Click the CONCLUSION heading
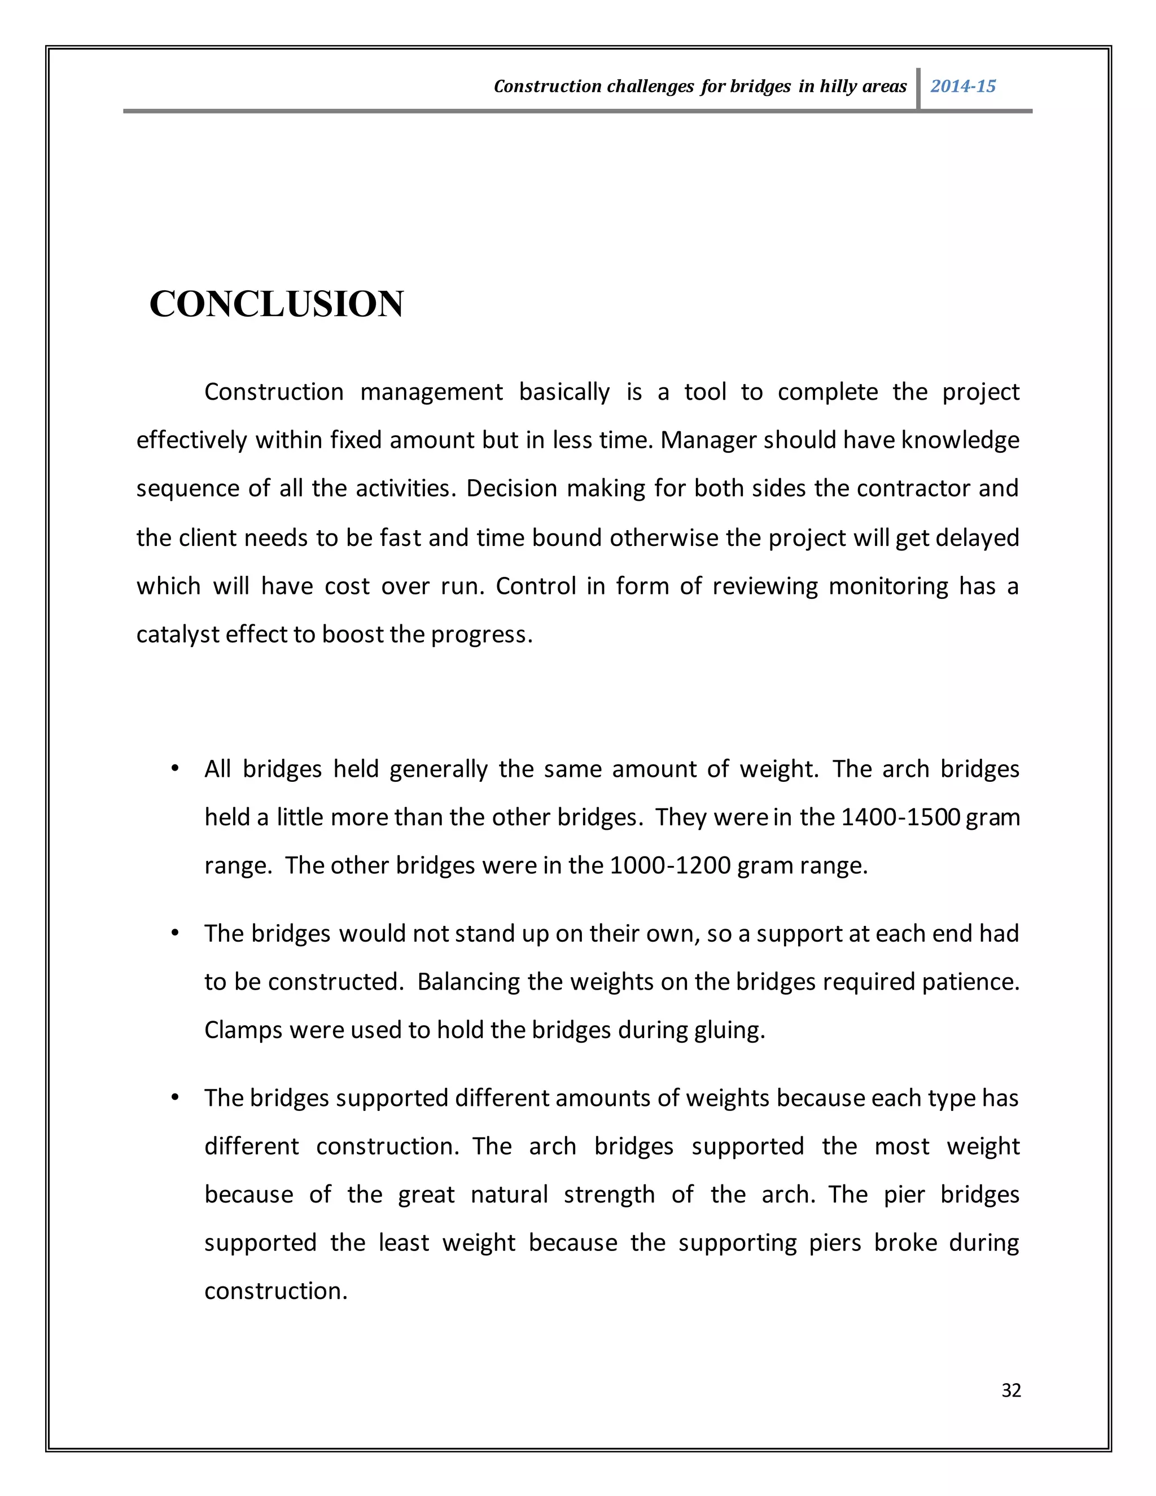(276, 304)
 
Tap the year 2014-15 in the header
(962, 86)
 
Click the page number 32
(1011, 1390)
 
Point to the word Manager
(709, 440)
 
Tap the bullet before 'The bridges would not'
(176, 933)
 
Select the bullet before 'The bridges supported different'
(176, 1097)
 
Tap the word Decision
(511, 488)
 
